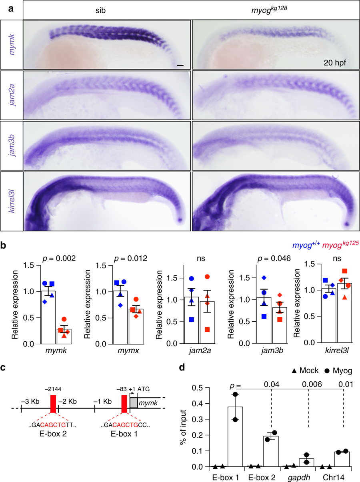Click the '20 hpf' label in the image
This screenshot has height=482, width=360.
334,63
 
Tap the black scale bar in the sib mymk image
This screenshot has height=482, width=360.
180,65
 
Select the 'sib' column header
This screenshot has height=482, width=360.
100,10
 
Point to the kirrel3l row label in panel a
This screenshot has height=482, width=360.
12,201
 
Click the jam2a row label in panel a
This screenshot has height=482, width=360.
12,95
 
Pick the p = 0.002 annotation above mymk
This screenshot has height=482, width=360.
59,258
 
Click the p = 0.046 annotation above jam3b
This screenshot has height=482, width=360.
274,258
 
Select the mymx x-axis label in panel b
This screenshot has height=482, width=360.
128,350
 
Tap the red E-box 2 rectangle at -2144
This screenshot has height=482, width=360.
53,404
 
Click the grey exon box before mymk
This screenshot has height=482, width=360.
134,403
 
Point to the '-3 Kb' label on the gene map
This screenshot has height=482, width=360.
30,401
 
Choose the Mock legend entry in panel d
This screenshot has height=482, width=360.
305,370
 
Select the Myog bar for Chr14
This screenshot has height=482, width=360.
342,459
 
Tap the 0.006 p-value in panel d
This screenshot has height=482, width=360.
312,384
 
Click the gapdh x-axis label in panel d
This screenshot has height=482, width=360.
299,477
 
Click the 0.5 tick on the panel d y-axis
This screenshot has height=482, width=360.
197,388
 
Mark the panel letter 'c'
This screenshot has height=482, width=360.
3,368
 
